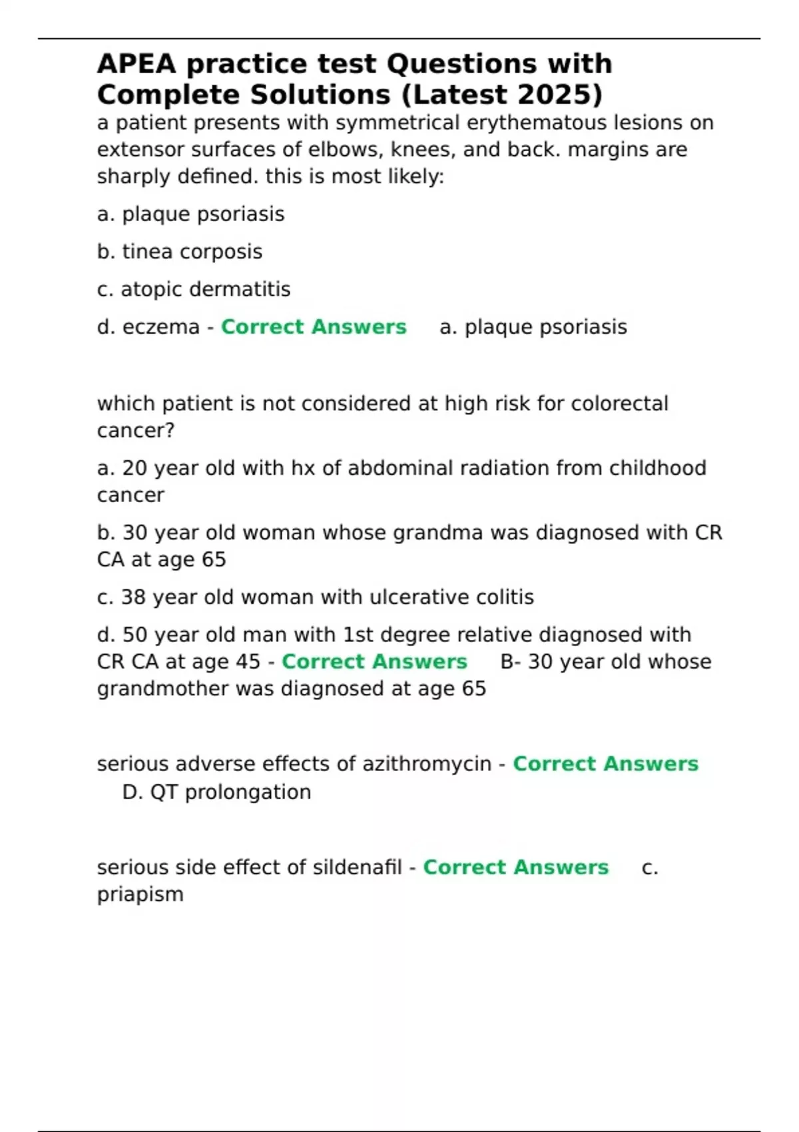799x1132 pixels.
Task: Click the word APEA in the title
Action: click(x=136, y=64)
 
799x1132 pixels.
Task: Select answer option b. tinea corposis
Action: click(x=180, y=252)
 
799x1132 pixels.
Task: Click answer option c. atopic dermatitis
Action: click(x=194, y=290)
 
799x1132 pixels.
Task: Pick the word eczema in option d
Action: click(x=161, y=327)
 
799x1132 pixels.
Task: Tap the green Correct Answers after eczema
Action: click(x=314, y=327)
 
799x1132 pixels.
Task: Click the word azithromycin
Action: click(x=426, y=764)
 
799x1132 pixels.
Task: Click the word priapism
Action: click(x=140, y=894)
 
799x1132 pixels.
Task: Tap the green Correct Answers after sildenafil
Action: click(x=516, y=868)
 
